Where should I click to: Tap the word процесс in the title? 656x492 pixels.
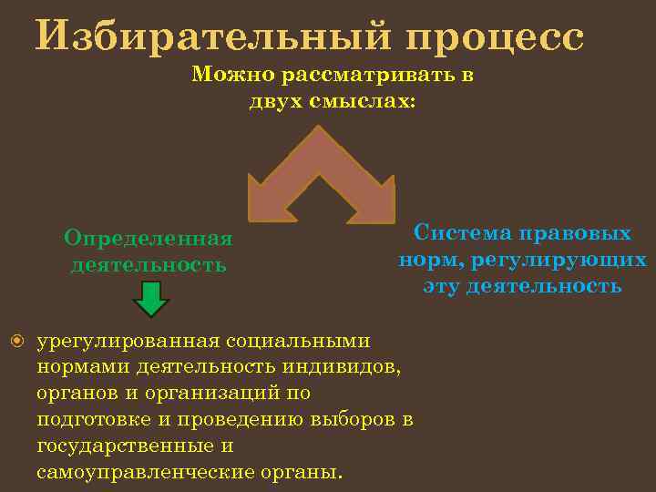(x=493, y=36)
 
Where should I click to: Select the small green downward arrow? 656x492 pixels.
(x=151, y=299)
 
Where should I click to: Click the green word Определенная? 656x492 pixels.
(x=149, y=239)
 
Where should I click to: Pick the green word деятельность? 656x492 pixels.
(x=149, y=265)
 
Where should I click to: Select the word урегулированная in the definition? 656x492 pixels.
(x=128, y=341)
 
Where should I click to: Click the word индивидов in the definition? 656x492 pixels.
(x=346, y=367)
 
